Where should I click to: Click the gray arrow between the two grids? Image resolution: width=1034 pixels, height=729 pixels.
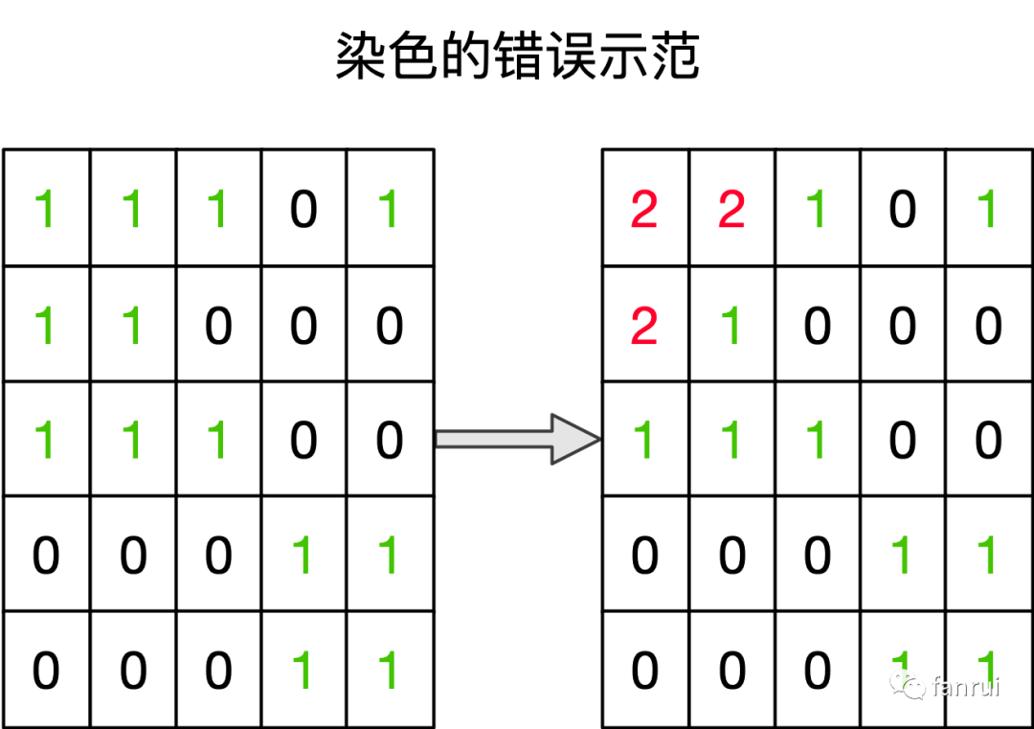[x=517, y=439]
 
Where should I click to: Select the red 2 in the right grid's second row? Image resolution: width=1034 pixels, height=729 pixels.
[x=644, y=326]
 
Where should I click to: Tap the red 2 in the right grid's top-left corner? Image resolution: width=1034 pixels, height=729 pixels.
[x=644, y=209]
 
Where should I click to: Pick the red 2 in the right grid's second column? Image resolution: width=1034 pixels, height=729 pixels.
[x=731, y=209]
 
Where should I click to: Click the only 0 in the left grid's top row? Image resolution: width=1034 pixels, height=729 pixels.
[x=303, y=209]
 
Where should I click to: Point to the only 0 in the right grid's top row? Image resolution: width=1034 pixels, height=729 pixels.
[x=903, y=209]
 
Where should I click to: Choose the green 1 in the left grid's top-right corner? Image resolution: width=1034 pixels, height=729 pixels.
[x=389, y=209]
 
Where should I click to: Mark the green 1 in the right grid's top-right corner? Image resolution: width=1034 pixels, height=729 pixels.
[x=988, y=209]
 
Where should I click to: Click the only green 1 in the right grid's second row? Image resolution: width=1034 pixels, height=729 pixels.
[x=731, y=326]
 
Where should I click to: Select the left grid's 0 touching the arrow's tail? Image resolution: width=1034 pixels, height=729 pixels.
[x=389, y=440]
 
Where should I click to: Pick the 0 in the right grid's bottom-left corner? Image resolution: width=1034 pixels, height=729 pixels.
[x=644, y=670]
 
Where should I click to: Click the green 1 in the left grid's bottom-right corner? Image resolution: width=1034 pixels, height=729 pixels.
[x=389, y=670]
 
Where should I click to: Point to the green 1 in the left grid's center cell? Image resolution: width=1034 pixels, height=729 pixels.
[x=217, y=440]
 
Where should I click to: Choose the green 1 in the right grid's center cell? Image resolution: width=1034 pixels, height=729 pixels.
[x=817, y=440]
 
